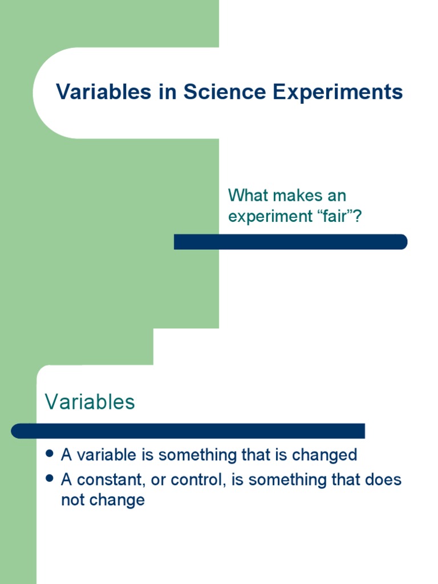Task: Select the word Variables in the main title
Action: (x=102, y=92)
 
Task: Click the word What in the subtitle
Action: (x=248, y=196)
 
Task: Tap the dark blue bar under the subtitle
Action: (x=290, y=242)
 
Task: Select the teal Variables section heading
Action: (x=90, y=402)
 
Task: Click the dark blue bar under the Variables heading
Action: (x=188, y=431)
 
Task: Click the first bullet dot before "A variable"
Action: (x=50, y=454)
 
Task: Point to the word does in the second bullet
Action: (x=385, y=480)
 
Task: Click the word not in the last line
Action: (x=71, y=501)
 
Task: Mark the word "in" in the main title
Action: (x=165, y=92)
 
